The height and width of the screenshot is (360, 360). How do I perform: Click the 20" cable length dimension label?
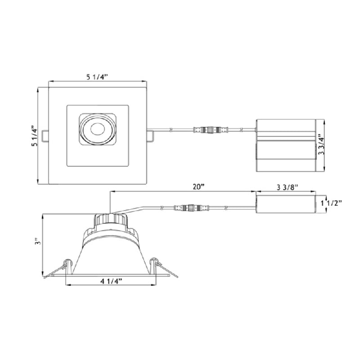(198, 187)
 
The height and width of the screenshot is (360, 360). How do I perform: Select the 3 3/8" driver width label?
(287, 187)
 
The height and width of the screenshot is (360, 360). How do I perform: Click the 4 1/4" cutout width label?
(111, 281)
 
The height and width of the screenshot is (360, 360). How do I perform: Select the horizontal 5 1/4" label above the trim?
(97, 77)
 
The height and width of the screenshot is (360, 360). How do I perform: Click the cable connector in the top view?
(211, 130)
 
